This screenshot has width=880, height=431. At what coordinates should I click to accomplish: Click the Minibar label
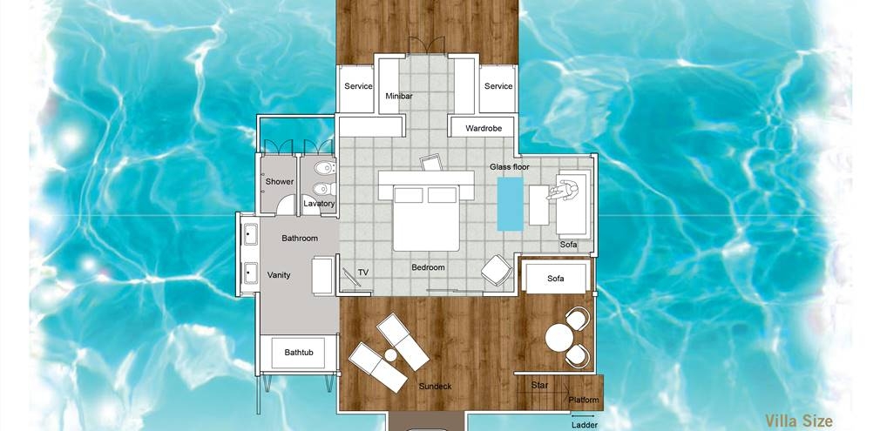[399, 96]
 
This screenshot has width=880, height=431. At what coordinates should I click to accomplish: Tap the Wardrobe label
[484, 129]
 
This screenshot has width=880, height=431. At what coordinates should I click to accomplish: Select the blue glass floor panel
[511, 205]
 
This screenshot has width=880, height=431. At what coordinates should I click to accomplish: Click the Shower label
[280, 182]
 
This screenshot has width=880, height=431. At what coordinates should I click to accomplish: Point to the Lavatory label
[319, 204]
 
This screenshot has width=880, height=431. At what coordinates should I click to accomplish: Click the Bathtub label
[299, 353]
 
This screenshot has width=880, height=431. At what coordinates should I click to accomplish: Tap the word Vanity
[279, 275]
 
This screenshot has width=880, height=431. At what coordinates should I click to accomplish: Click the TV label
[363, 273]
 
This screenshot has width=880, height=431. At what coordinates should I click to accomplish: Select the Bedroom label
[428, 267]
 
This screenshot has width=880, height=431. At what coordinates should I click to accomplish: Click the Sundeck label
[435, 386]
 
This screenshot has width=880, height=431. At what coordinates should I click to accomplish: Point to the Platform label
[584, 401]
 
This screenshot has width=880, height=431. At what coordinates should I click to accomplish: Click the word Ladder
[585, 426]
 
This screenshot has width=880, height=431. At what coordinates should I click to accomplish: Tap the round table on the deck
[559, 339]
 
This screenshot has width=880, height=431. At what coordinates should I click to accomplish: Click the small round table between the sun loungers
[390, 355]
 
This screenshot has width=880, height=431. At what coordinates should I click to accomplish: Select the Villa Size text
[799, 421]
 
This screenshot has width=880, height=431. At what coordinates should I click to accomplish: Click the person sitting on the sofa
[564, 191]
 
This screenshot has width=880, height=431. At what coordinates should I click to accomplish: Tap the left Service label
[358, 86]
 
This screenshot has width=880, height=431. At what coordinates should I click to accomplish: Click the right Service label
[498, 86]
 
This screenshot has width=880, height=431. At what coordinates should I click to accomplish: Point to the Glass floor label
[510, 166]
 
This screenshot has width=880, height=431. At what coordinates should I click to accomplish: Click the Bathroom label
[300, 239]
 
